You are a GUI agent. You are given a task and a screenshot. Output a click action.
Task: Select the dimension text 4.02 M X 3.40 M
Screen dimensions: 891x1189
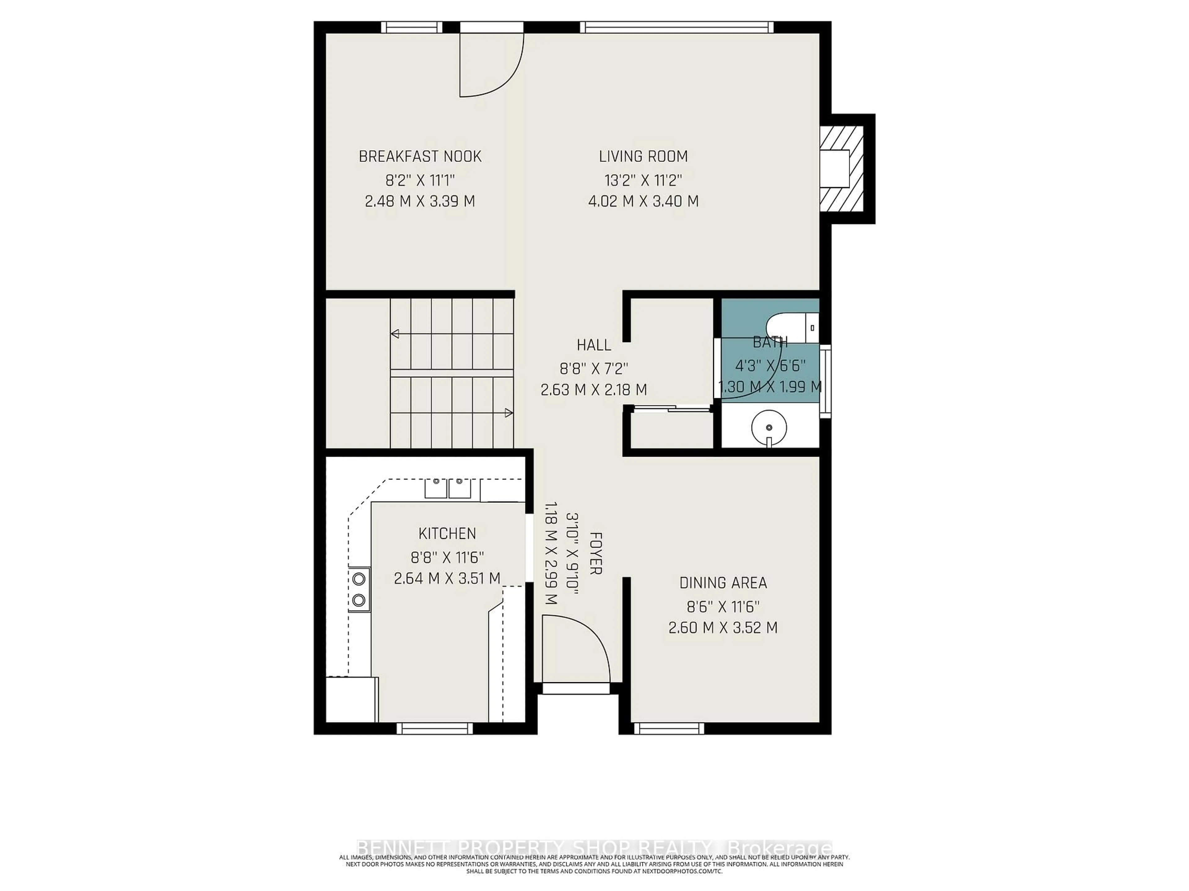coord(643,201)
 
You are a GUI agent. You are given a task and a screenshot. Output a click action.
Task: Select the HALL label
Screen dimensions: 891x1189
coord(594,345)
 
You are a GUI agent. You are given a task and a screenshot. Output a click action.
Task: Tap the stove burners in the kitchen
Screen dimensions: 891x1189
coord(359,589)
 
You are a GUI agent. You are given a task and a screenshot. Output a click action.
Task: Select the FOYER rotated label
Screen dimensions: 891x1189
coord(595,553)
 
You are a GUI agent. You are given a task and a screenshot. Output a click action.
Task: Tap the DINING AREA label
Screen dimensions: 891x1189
coord(723,583)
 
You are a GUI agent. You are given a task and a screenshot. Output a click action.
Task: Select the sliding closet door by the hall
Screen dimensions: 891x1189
coord(672,409)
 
